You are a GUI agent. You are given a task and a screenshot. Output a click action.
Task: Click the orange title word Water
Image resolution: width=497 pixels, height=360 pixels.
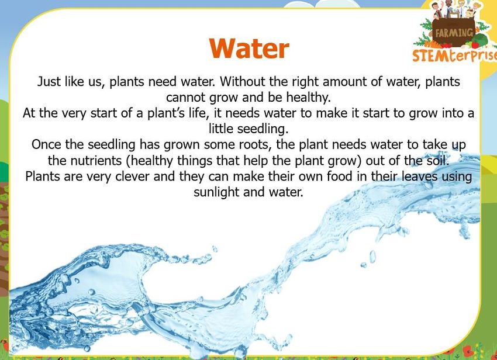pos(249,49)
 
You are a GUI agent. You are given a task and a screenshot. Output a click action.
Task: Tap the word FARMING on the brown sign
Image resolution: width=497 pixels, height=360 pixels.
pos(454,33)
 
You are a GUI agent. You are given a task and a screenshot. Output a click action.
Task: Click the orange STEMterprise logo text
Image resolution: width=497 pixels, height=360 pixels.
pos(454,56)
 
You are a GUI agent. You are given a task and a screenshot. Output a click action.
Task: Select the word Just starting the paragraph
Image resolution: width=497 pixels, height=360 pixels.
pos(49,82)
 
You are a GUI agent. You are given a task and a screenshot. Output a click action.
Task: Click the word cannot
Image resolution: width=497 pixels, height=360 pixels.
pos(186,97)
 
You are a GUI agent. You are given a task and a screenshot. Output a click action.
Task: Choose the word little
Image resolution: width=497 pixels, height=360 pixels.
pos(221,129)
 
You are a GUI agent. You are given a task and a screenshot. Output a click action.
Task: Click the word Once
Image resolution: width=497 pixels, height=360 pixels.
pos(47,144)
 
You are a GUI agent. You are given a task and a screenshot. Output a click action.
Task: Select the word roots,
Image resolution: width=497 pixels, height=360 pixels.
pos(256,145)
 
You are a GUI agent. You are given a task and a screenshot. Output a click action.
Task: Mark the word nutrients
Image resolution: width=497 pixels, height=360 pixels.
pos(96,161)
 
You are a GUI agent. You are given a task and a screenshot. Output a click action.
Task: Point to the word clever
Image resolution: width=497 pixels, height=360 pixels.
pos(132,176)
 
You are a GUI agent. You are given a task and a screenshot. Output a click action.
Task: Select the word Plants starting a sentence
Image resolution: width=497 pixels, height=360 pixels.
pos(43,176)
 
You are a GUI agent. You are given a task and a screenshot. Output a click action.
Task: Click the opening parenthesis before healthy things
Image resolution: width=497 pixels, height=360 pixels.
pos(128,161)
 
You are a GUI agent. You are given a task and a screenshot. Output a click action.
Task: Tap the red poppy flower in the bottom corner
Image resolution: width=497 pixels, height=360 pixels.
pos(468,351)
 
